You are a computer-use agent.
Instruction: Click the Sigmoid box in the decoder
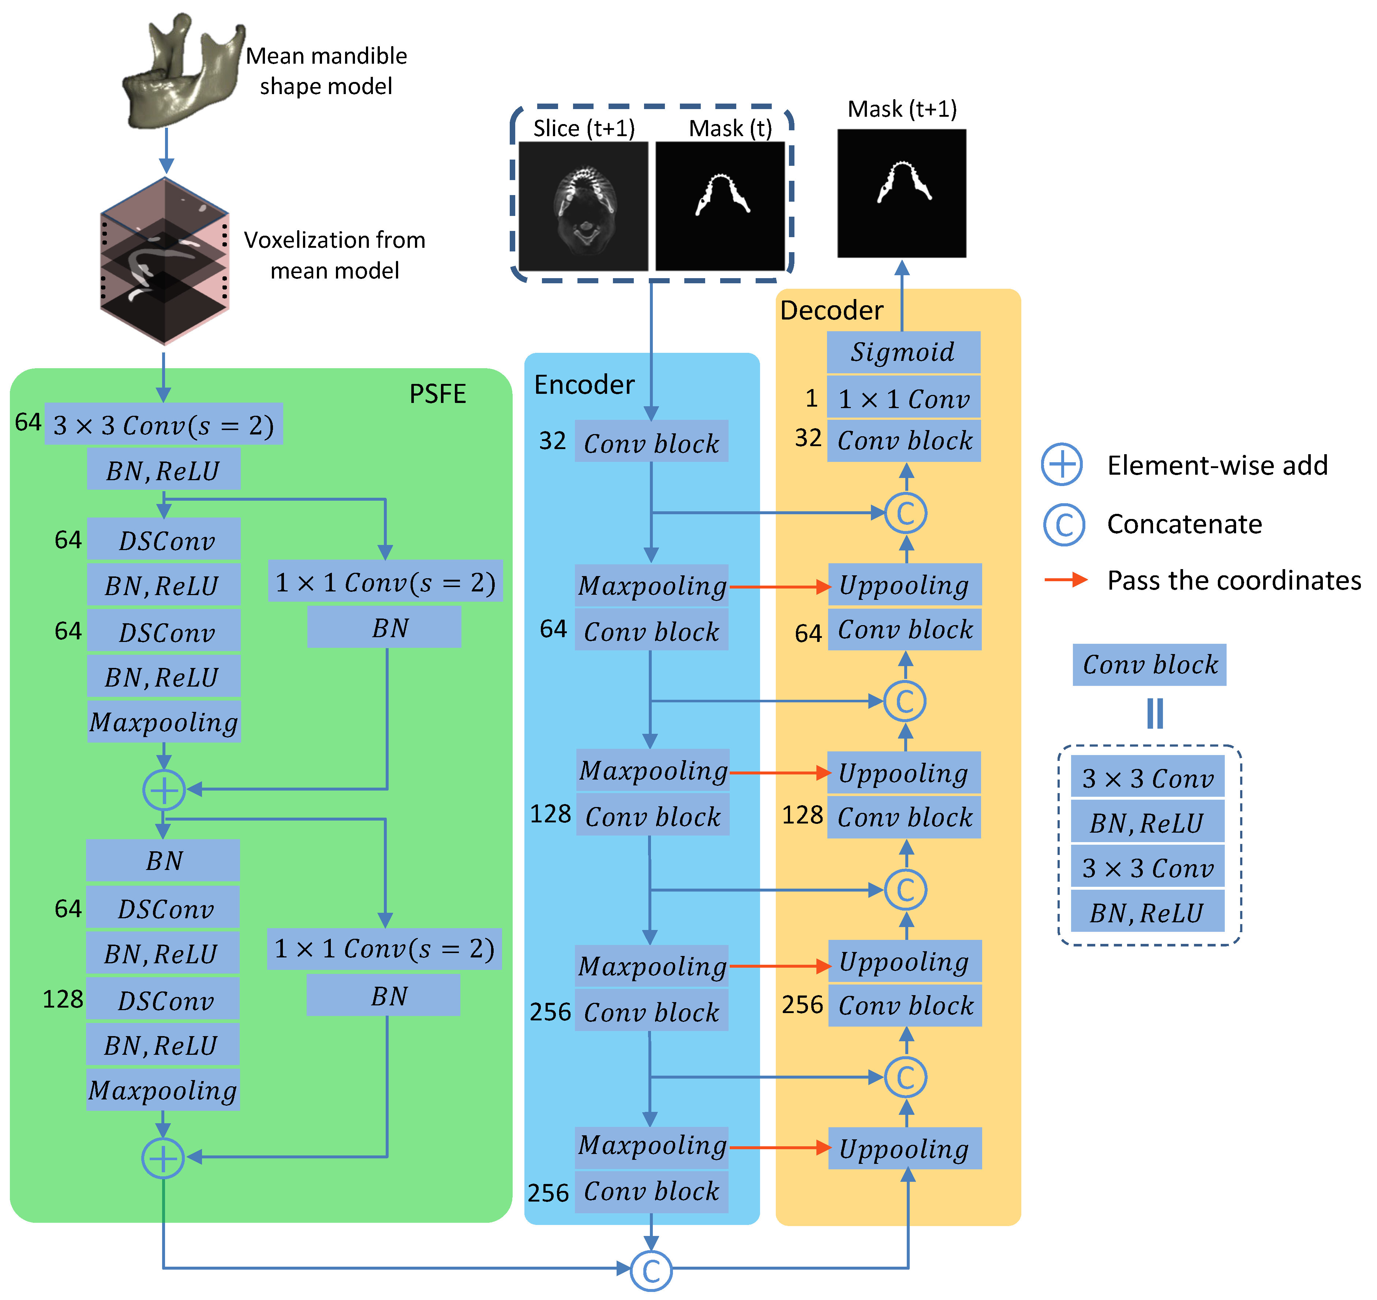click(903, 352)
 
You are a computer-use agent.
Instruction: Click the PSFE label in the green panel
click(437, 393)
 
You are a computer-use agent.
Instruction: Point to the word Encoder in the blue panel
click(584, 385)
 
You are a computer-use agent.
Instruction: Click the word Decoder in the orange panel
click(832, 310)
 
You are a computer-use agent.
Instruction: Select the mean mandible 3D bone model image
click(182, 73)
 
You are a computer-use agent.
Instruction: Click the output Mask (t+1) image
click(902, 193)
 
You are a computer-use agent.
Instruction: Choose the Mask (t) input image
click(720, 206)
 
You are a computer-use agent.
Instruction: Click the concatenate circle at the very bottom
click(651, 1271)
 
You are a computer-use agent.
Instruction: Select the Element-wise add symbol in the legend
click(1062, 464)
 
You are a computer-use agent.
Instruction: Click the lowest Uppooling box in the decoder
click(904, 1149)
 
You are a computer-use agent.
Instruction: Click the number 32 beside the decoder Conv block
click(808, 438)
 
